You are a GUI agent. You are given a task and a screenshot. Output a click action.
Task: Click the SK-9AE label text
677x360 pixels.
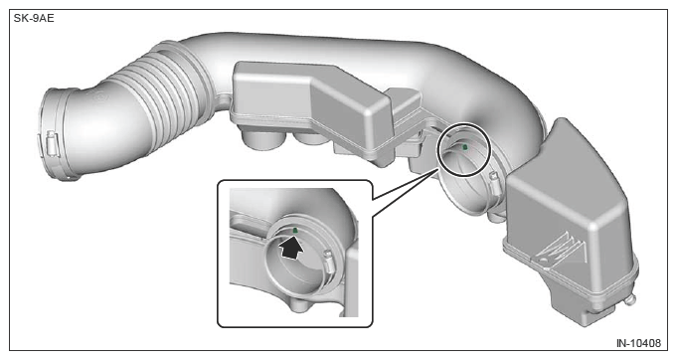pyautogui.click(x=34, y=19)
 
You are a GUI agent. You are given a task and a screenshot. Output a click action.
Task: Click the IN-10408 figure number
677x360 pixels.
pyautogui.click(x=638, y=343)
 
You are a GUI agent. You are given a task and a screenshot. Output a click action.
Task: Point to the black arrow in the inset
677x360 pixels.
pyautogui.click(x=290, y=250)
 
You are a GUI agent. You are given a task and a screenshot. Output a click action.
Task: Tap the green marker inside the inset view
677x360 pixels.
pyautogui.click(x=295, y=231)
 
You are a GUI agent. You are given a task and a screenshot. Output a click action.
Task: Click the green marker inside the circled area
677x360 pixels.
pyautogui.click(x=465, y=147)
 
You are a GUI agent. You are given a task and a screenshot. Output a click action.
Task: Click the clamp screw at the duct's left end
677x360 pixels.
pyautogui.click(x=52, y=143)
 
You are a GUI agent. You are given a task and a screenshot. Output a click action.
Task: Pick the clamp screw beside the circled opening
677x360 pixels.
pyautogui.click(x=494, y=182)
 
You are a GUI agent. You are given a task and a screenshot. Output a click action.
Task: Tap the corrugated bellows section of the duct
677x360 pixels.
pyautogui.click(x=163, y=94)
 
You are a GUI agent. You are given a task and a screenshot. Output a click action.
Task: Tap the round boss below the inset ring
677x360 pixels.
pyautogui.click(x=300, y=304)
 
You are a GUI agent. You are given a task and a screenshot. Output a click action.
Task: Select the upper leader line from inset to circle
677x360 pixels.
pyautogui.click(x=405, y=184)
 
